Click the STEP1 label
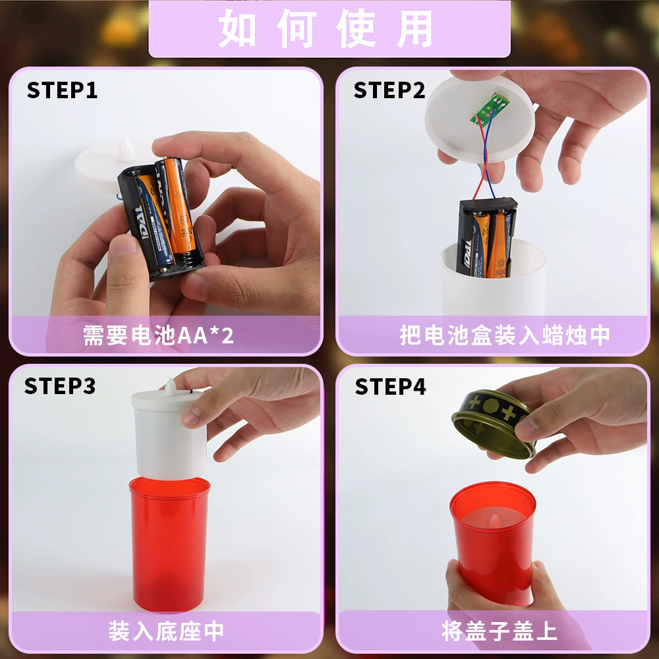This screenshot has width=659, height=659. click(x=62, y=90)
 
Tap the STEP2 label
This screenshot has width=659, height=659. click(x=389, y=90)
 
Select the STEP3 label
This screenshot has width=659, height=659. click(x=60, y=386)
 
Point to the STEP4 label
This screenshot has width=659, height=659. click(x=390, y=386)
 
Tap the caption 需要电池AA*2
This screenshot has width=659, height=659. click(x=158, y=335)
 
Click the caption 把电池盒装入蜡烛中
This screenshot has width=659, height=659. click(x=505, y=335)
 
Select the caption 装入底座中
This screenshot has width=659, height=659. click(x=166, y=631)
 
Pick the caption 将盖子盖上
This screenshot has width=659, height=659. click(x=500, y=631)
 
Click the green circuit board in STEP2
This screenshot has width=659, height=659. click(x=488, y=109)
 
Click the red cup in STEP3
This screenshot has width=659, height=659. click(x=169, y=543)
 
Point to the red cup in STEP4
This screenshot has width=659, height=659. click(x=492, y=542)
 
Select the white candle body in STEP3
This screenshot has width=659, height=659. click(x=169, y=433)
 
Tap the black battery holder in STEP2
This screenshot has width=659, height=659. click(x=487, y=237)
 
